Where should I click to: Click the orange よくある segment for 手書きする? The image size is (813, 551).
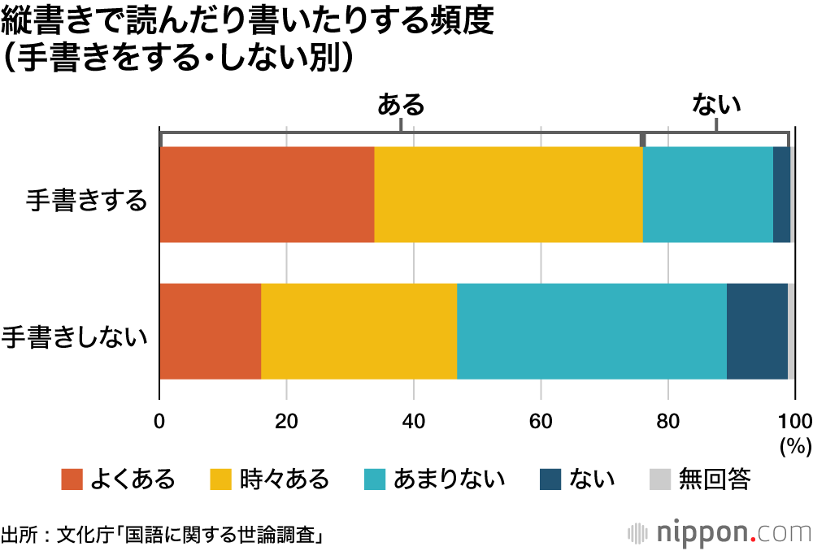pyautogui.click(x=267, y=194)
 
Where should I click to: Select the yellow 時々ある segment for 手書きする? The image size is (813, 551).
pyautogui.click(x=509, y=194)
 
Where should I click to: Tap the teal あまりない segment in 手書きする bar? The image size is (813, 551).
pyautogui.click(x=708, y=194)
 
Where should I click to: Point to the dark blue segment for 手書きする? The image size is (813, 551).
pyautogui.click(x=782, y=194)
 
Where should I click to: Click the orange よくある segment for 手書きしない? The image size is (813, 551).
pyautogui.click(x=211, y=332)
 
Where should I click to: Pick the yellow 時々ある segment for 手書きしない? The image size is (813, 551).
pyautogui.click(x=359, y=332)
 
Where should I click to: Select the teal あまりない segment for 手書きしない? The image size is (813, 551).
pyautogui.click(x=592, y=332)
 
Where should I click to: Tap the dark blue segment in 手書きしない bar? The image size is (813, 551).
pyautogui.click(x=758, y=332)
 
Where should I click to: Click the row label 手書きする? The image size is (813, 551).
pyautogui.click(x=87, y=200)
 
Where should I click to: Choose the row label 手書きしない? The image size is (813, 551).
pyautogui.click(x=74, y=337)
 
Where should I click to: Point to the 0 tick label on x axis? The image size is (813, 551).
pyautogui.click(x=159, y=422)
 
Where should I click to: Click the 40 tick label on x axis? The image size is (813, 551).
pyautogui.click(x=413, y=422)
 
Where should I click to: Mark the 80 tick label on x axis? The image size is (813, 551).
pyautogui.click(x=667, y=422)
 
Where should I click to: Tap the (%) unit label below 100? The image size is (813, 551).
pyautogui.click(x=796, y=446)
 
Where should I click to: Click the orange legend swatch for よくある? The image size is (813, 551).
pyautogui.click(x=72, y=479)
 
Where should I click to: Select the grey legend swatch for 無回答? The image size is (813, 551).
pyautogui.click(x=660, y=479)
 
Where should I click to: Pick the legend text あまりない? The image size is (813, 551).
pyautogui.click(x=449, y=479)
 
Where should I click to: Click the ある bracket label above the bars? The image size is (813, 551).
pyautogui.click(x=401, y=104)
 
